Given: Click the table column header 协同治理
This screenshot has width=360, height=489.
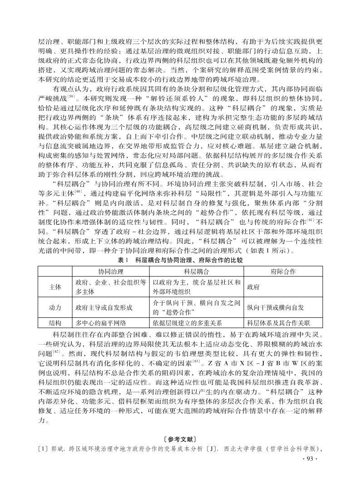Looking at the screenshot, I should pyautogui.click(x=111, y=272).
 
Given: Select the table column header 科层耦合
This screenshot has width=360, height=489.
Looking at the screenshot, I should pyautogui.click(x=196, y=272).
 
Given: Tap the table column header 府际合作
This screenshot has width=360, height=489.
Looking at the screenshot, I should pyautogui.click(x=283, y=272).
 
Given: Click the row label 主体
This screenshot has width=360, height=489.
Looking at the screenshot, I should pyautogui.click(x=55, y=287).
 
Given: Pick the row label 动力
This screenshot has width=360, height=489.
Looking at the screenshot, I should pyautogui.click(x=55, y=307).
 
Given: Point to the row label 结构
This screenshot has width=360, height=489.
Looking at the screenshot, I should pyautogui.click(x=55, y=323).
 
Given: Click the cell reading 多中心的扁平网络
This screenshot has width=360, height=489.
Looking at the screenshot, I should pyautogui.click(x=100, y=323).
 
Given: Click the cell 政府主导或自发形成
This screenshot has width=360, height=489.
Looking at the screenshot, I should pyautogui.click(x=104, y=307).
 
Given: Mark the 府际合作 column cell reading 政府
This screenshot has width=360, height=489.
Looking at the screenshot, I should pyautogui.click(x=253, y=287).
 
